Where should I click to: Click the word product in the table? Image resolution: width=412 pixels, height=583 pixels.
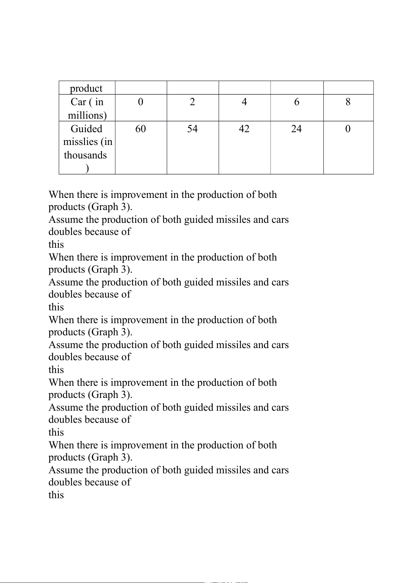86,89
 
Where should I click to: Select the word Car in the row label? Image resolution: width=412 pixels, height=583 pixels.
78,102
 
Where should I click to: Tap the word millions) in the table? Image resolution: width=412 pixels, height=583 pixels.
87,115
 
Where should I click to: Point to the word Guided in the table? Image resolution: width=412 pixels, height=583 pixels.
86,129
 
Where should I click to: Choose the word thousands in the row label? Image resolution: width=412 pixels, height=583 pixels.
85,155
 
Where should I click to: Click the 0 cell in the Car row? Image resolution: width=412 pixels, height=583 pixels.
140,102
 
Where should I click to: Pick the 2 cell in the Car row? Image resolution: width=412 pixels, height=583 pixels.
192,102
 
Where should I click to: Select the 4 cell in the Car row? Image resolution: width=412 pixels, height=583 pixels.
244,102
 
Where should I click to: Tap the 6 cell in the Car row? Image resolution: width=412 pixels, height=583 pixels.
296,102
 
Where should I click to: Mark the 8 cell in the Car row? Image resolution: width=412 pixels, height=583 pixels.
348,102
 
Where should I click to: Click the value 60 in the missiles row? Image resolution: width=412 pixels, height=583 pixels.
140,129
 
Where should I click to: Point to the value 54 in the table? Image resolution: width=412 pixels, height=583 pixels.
192,129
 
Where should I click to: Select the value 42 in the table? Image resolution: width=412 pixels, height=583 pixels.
244,129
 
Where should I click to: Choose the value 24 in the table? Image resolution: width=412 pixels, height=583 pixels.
296,129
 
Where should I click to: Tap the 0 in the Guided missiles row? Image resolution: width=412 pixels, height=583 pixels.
348,129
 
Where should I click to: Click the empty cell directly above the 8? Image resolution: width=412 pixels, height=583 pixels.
348,88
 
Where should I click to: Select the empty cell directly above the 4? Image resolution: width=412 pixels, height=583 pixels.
245,88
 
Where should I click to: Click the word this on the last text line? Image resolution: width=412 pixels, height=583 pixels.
56,495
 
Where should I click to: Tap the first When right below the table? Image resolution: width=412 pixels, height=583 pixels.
62,195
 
